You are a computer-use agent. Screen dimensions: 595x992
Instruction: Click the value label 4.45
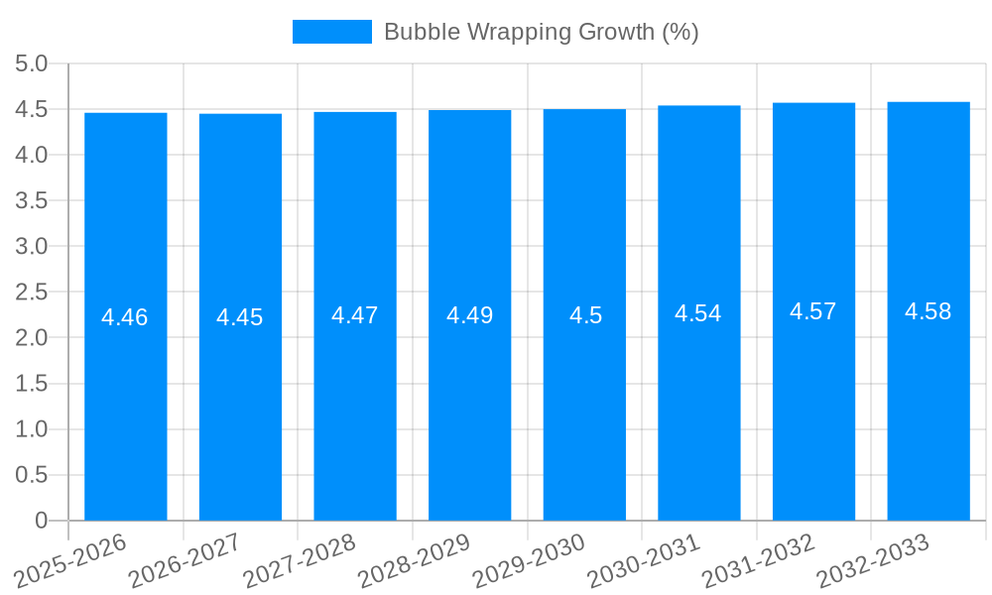pos(240,317)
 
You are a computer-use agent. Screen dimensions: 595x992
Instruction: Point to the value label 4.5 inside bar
pos(585,315)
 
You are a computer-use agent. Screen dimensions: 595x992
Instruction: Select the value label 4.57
pos(813,311)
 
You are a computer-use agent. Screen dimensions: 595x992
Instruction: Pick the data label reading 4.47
pos(355,315)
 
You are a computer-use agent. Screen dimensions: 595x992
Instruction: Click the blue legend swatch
pos(332,32)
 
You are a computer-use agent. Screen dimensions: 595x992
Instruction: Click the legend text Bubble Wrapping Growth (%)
pos(541,32)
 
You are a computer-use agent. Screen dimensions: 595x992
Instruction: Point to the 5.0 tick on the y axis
pos(32,63)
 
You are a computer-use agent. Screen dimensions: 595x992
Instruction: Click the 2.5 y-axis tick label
pos(32,292)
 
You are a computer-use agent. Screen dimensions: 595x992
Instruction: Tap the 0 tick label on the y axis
pos(41,520)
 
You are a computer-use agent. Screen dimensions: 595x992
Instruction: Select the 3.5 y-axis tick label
pos(32,200)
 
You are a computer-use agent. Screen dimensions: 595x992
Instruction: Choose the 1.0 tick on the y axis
pos(32,428)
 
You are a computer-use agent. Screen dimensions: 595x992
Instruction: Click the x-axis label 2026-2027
pos(185,560)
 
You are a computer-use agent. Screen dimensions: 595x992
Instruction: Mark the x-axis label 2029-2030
pos(529,560)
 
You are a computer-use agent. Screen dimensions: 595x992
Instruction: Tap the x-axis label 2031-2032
pos(758,560)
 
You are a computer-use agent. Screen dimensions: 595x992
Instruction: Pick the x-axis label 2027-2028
pos(300,560)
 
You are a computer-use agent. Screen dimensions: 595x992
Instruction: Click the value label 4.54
pos(698,313)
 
